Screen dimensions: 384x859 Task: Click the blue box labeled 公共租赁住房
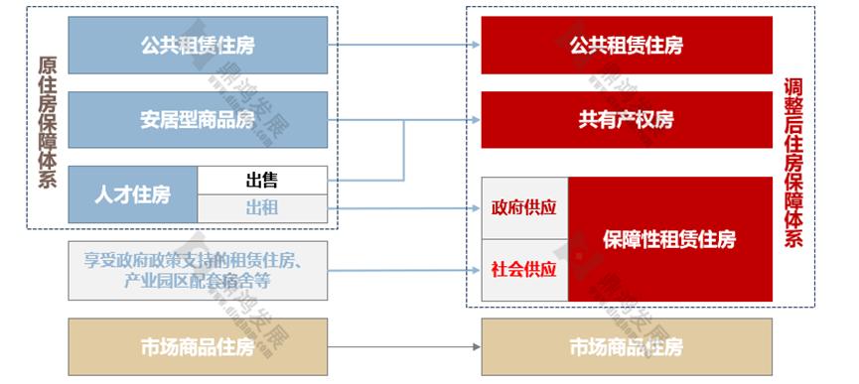pyautogui.click(x=198, y=45)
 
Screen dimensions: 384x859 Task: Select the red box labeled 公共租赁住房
pyautogui.click(x=626, y=45)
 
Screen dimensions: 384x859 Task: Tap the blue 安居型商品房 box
pyautogui.click(x=198, y=120)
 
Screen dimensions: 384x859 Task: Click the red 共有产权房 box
pyautogui.click(x=626, y=120)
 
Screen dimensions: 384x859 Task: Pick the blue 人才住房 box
pyautogui.click(x=132, y=194)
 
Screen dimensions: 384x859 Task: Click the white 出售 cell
pyautogui.click(x=262, y=181)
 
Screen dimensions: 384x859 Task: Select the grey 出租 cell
pyautogui.click(x=262, y=208)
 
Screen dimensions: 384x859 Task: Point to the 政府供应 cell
pyautogui.click(x=524, y=208)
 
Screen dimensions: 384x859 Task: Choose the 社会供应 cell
pyautogui.click(x=524, y=269)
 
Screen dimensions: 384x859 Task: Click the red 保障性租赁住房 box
pyautogui.click(x=669, y=239)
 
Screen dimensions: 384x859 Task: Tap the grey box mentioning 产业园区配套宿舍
pyautogui.click(x=198, y=270)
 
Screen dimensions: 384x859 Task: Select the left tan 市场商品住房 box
pyautogui.click(x=198, y=347)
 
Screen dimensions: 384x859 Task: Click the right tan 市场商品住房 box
pyautogui.click(x=626, y=347)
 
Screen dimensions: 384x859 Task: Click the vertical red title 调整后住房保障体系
pyautogui.click(x=793, y=163)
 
